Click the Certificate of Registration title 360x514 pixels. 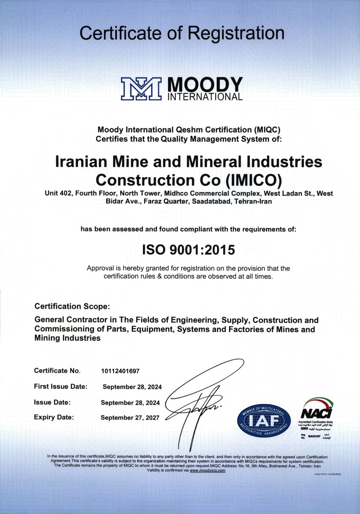pyautogui.click(x=182, y=33)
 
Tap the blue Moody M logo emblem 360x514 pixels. pyautogui.click(x=141, y=89)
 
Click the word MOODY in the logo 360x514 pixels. pyautogui.click(x=205, y=85)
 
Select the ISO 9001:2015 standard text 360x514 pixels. pyautogui.click(x=189, y=250)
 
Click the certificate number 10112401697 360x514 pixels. pyautogui.click(x=120, y=371)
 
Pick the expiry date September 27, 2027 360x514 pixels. pyautogui.click(x=130, y=418)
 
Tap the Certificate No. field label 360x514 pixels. pyautogui.click(x=57, y=371)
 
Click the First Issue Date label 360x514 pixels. pyautogui.click(x=60, y=386)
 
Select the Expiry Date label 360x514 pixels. pyautogui.click(x=54, y=417)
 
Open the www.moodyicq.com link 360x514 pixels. pyautogui.click(x=207, y=470)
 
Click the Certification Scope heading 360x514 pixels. pyautogui.click(x=72, y=307)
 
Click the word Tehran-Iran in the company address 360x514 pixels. pyautogui.click(x=253, y=201)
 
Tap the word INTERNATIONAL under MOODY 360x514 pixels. pyautogui.click(x=205, y=97)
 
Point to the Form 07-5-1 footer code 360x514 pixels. pyautogui.click(x=328, y=474)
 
